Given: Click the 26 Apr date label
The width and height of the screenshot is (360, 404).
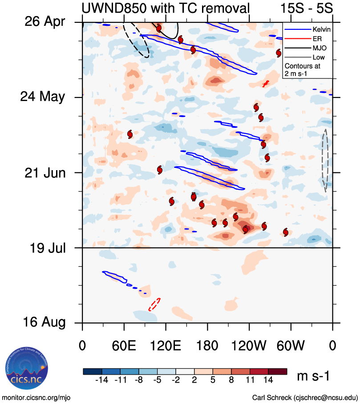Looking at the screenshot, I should (x=44, y=21).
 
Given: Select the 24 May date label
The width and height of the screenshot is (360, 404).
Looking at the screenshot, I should (x=43, y=97).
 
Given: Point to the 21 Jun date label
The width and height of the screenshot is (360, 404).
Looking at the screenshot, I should (x=44, y=172).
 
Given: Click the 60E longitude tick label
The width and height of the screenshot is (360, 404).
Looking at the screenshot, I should (x=124, y=346).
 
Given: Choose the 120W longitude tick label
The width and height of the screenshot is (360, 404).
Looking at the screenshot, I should (x=249, y=346).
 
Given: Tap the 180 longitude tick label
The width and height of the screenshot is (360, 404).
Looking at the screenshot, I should (x=207, y=346).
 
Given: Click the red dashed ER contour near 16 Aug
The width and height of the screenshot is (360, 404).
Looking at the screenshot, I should (x=154, y=305).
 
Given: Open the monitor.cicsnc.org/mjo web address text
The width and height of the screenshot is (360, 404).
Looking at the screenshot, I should (x=36, y=397).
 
